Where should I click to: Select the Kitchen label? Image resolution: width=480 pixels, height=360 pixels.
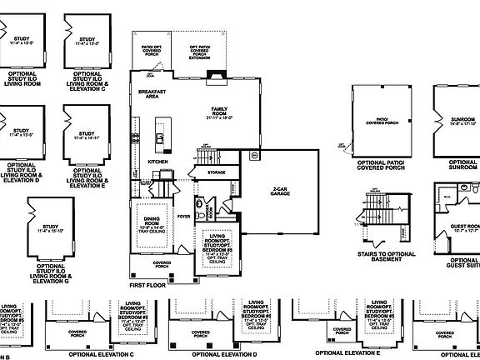tap(158, 161)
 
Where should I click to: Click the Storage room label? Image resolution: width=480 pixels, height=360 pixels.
tap(217, 172)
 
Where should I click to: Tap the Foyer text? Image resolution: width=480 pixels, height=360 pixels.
tap(184, 216)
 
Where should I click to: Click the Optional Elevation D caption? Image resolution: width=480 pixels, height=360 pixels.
tap(223, 353)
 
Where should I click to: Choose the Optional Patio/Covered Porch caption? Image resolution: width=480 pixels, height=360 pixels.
tap(381, 167)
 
